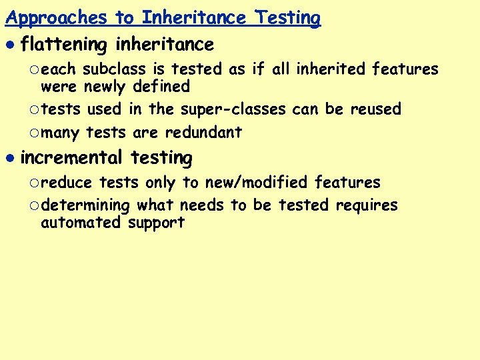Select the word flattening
tap(64, 45)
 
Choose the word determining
tap(84, 205)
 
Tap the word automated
tap(81, 223)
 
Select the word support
tap(156, 223)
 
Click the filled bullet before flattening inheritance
tap(9, 45)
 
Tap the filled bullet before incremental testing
tap(9, 159)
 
